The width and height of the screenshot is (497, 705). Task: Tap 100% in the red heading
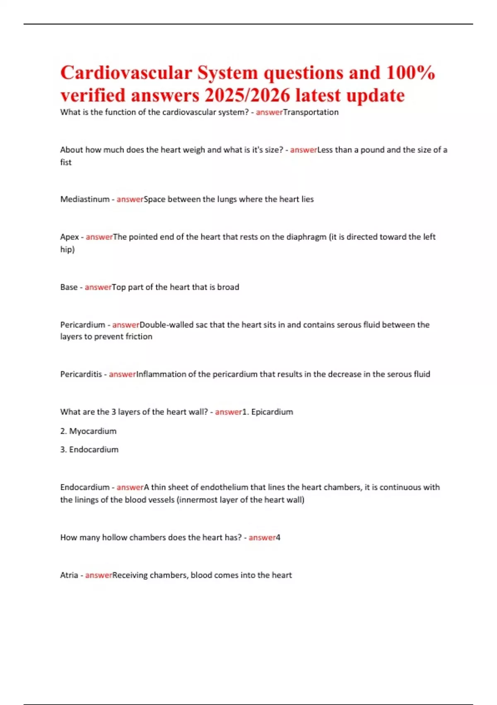pyautogui.click(x=410, y=73)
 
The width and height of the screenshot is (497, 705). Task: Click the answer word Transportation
pyautogui.click(x=311, y=112)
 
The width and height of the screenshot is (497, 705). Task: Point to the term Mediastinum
pyautogui.click(x=85, y=199)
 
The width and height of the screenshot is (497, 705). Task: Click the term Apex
pyautogui.click(x=70, y=237)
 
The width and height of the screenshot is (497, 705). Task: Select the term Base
pyautogui.click(x=69, y=287)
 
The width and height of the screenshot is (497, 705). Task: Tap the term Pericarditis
pyautogui.click(x=81, y=374)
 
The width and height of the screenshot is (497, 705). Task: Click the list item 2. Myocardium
pyautogui.click(x=88, y=431)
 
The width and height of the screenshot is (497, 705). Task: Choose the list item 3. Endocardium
pyautogui.click(x=89, y=450)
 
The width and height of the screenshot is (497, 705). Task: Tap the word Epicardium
pyautogui.click(x=272, y=412)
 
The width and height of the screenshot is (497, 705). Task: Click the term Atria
pyautogui.click(x=69, y=575)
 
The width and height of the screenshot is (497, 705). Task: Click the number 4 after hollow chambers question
pyautogui.click(x=278, y=537)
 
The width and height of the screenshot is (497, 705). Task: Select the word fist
pyautogui.click(x=66, y=162)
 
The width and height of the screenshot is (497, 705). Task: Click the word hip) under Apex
pyautogui.click(x=68, y=249)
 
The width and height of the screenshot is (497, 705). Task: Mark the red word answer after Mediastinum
pyautogui.click(x=130, y=199)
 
